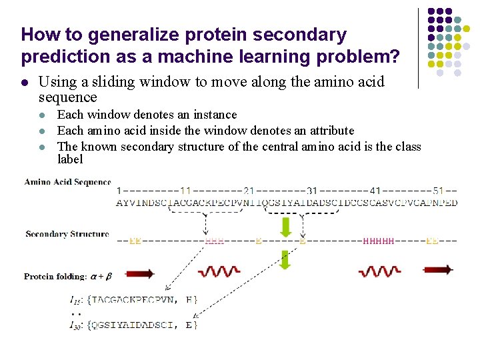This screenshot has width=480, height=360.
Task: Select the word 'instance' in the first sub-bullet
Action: [214, 115]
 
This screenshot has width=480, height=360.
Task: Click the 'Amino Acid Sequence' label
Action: [67, 182]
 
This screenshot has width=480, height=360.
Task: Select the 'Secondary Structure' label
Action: [67, 234]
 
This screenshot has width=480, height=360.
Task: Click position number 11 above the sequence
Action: [185, 191]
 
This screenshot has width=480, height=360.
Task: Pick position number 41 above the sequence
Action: [375, 191]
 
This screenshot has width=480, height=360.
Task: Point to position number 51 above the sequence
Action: [439, 191]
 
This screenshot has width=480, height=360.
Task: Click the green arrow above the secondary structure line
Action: [285, 227]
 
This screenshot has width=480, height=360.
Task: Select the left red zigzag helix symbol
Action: [219, 271]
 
